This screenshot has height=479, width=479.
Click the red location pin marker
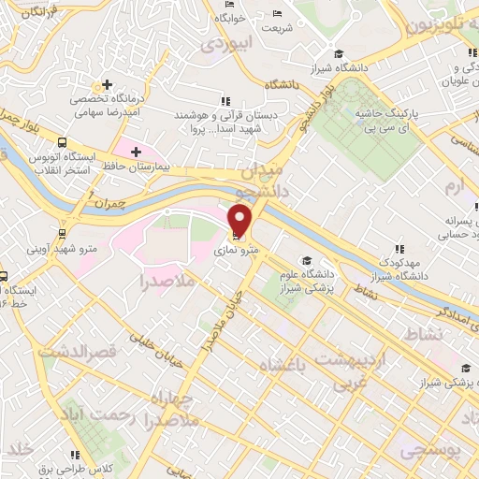tap(240, 219)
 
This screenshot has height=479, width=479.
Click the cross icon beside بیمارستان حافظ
tap(137, 151)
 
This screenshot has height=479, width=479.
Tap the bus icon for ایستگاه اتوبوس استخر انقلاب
tap(62, 143)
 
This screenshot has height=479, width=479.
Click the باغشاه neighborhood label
tap(280, 364)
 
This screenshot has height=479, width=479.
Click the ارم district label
tap(455, 186)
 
